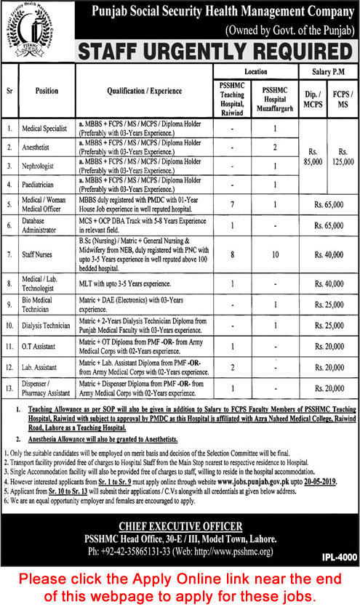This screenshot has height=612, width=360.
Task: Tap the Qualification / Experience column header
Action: point(143,92)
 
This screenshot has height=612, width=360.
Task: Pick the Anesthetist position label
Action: point(41,147)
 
